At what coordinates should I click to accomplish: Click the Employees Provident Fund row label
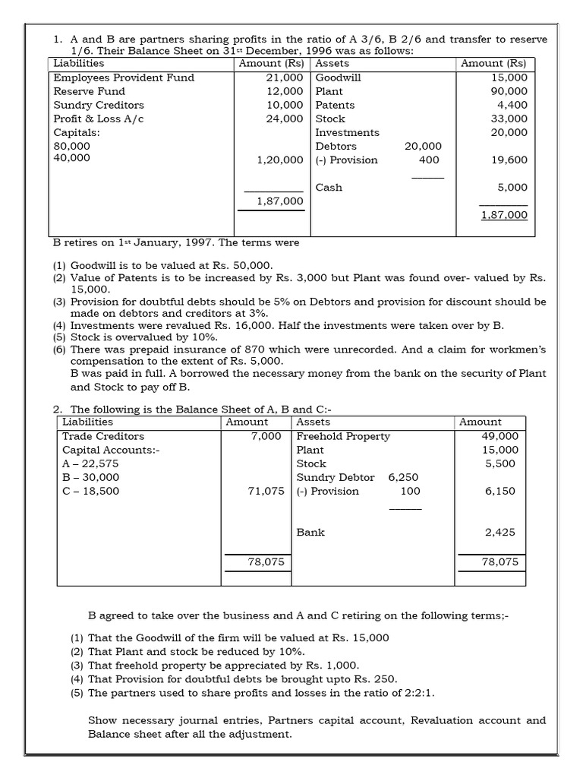pyautogui.click(x=124, y=77)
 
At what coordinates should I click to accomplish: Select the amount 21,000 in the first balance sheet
pyautogui.click(x=285, y=77)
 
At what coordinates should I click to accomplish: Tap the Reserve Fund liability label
pyautogui.click(x=89, y=91)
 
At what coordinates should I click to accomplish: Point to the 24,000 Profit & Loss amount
pyautogui.click(x=285, y=119)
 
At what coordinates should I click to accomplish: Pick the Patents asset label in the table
pyautogui.click(x=335, y=105)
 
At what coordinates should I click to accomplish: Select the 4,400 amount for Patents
pyautogui.click(x=512, y=105)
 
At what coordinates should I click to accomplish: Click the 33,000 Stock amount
pyautogui.click(x=509, y=119)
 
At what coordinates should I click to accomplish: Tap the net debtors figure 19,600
pyautogui.click(x=509, y=160)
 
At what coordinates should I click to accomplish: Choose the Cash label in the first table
pyautogui.click(x=329, y=187)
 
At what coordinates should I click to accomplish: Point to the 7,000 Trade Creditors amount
pyautogui.click(x=266, y=436)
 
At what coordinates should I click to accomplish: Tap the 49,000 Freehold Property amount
pyautogui.click(x=500, y=436)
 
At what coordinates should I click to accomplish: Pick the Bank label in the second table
pyautogui.click(x=310, y=532)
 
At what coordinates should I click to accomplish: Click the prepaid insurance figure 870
pyautogui.click(x=241, y=349)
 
